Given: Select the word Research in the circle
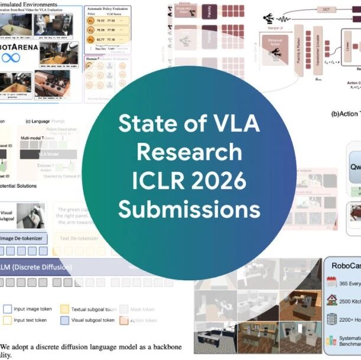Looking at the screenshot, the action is coord(189,152).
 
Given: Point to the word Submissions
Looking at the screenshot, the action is coord(189,210).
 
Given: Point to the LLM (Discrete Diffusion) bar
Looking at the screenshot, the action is coord(35,267).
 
